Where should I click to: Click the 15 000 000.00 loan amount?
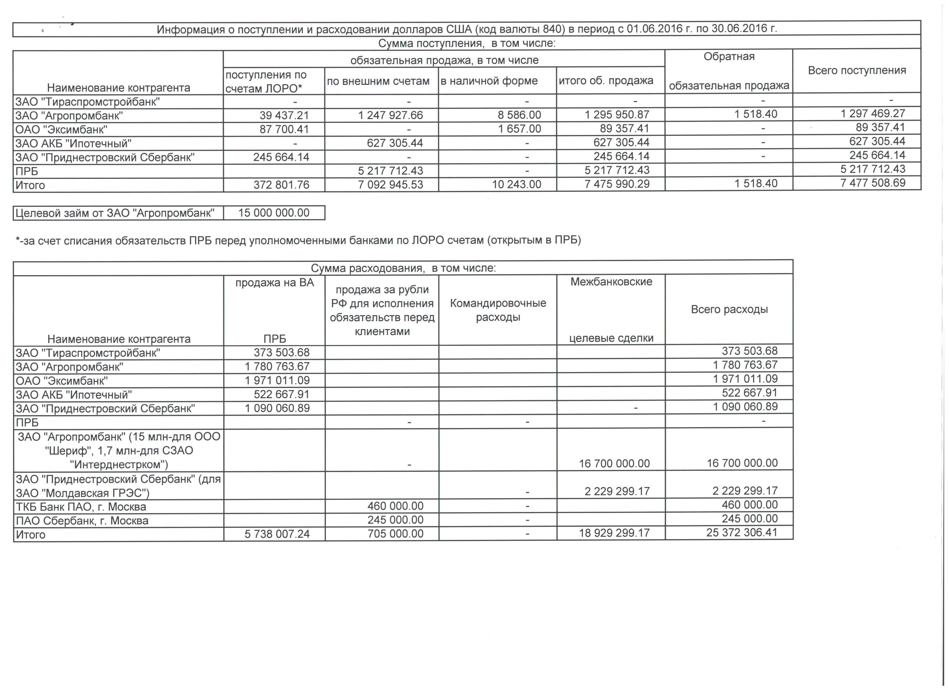point(274,213)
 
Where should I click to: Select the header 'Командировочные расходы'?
point(498,310)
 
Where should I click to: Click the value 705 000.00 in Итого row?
point(396,534)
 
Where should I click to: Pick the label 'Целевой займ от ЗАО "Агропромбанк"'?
point(115,213)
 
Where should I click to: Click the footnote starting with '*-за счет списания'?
point(298,240)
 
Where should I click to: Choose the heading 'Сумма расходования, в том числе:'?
point(403,268)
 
